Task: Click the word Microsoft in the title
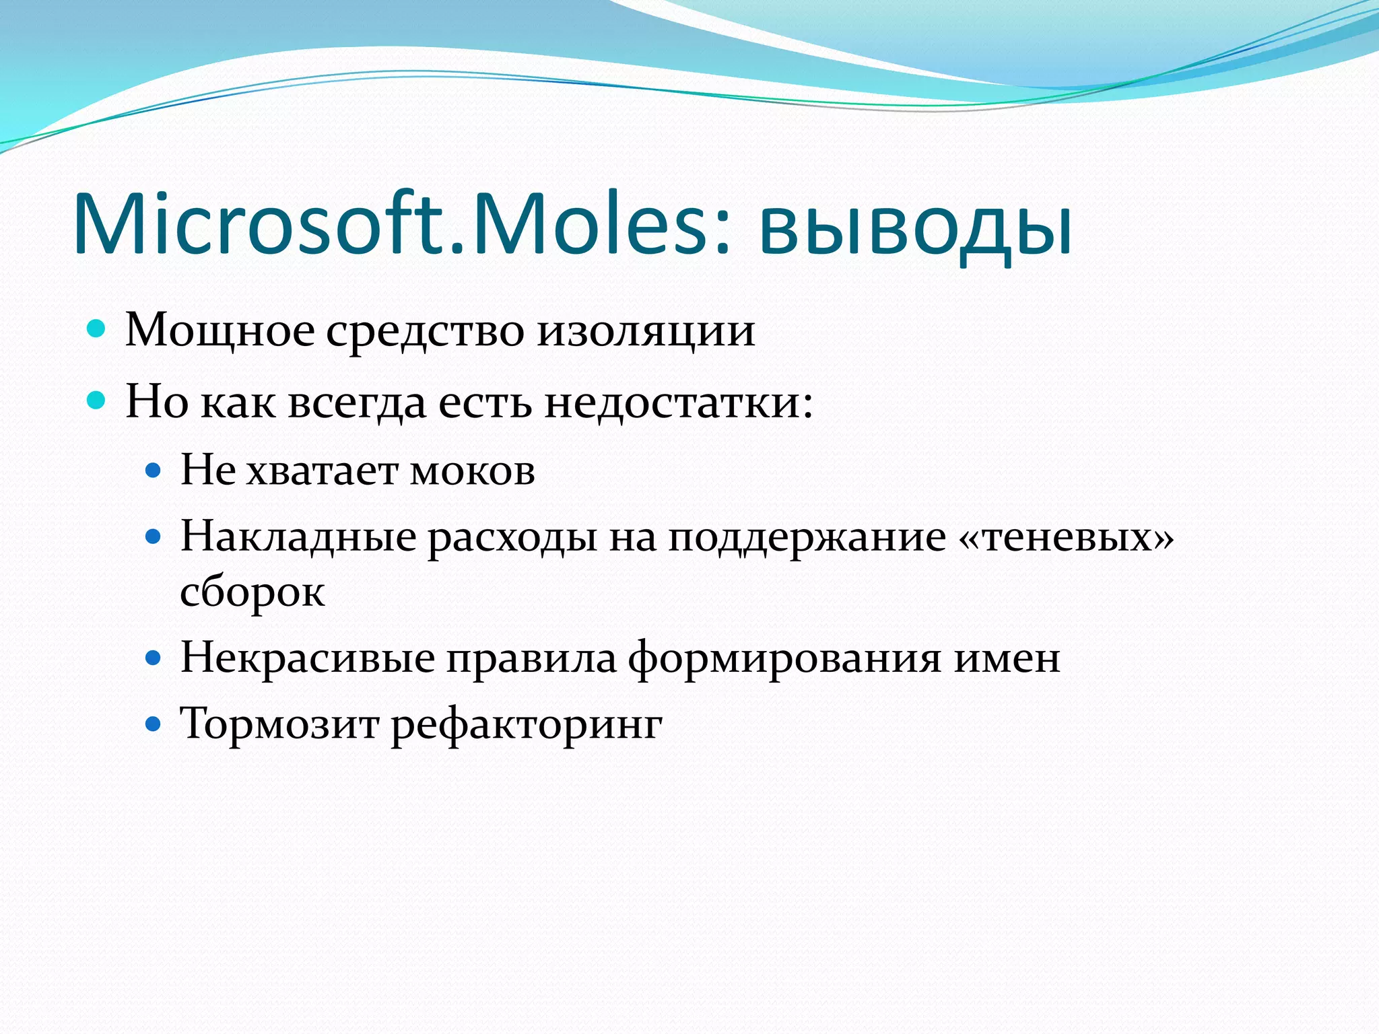tap(259, 223)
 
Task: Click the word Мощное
tap(220, 331)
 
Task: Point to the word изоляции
tap(646, 331)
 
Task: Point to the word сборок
tap(253, 592)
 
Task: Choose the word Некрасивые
tap(307, 658)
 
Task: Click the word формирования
tap(784, 658)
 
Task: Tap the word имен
tap(1007, 658)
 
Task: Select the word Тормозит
tap(279, 724)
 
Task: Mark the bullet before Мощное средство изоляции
tap(97, 329)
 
